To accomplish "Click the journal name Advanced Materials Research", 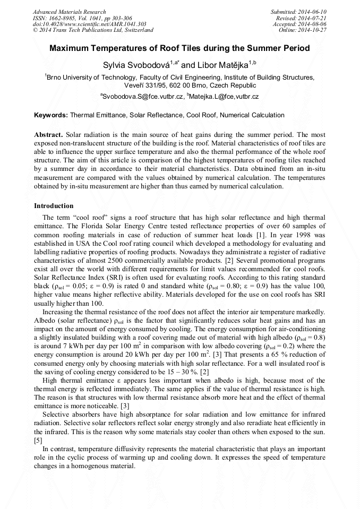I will click(x=69, y=12).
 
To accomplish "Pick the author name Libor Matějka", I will click(x=223, y=65).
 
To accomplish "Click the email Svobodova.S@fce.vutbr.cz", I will click(x=143, y=97).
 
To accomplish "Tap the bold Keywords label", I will click(x=51, y=115).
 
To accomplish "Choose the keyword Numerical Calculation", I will click(x=252, y=115).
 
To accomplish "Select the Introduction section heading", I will click(x=54, y=206).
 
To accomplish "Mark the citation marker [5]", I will click(x=38, y=441).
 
